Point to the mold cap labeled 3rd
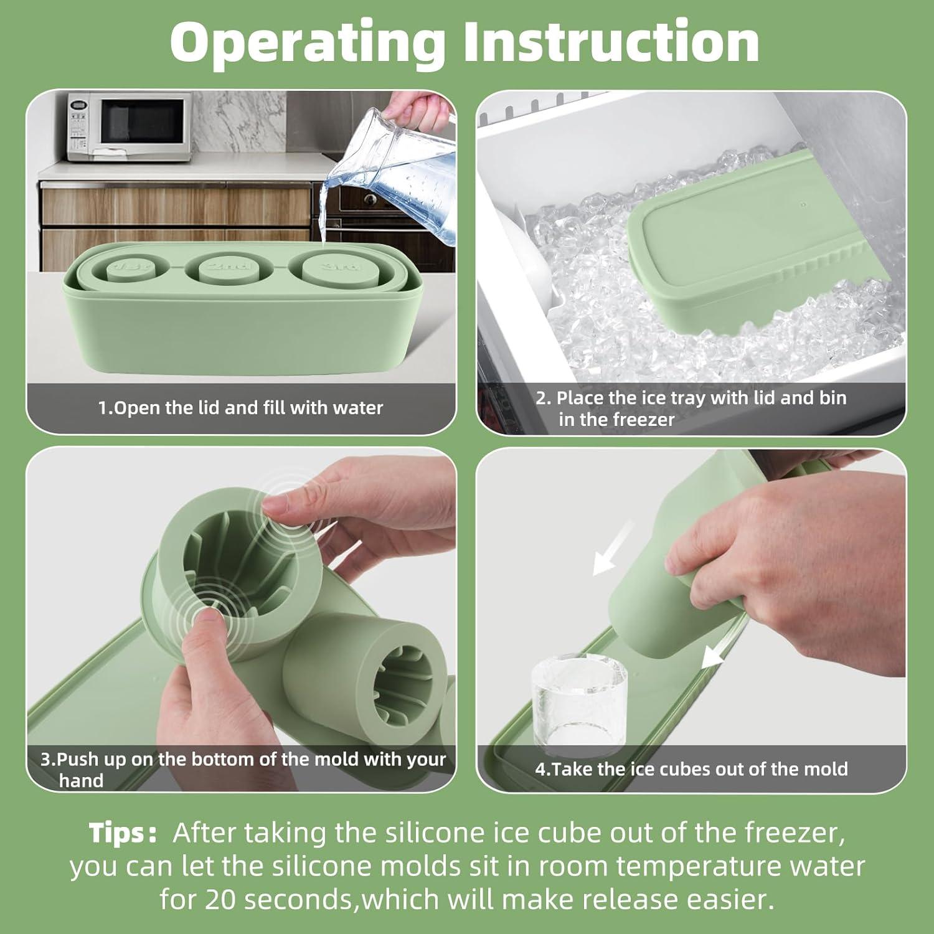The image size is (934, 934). click(x=331, y=268)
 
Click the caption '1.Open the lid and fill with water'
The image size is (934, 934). click(x=240, y=408)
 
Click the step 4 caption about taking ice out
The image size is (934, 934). click(x=691, y=769)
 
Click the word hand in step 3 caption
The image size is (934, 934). click(x=81, y=781)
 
